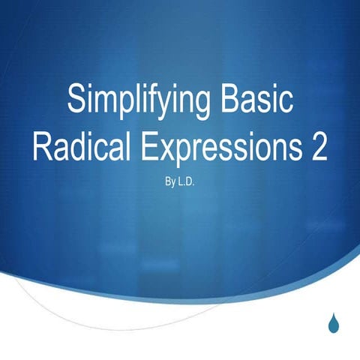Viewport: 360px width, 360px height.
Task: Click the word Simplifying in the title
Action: pyautogui.click(x=136, y=100)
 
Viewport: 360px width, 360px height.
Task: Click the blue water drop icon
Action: pyautogui.click(x=334, y=322)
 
